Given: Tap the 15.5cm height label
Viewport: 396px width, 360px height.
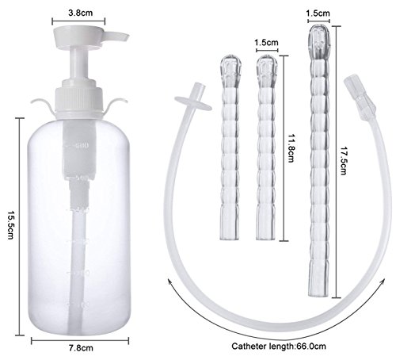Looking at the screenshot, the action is pyautogui.click(x=10, y=224).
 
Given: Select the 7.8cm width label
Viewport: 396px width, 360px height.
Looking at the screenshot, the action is pyautogui.click(x=81, y=348).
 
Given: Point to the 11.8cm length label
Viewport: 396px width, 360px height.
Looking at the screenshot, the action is pyautogui.click(x=291, y=148).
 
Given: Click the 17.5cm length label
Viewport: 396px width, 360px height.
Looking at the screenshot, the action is pyautogui.click(x=343, y=161).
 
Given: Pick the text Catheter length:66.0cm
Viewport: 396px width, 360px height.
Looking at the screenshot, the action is pyautogui.click(x=279, y=347).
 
